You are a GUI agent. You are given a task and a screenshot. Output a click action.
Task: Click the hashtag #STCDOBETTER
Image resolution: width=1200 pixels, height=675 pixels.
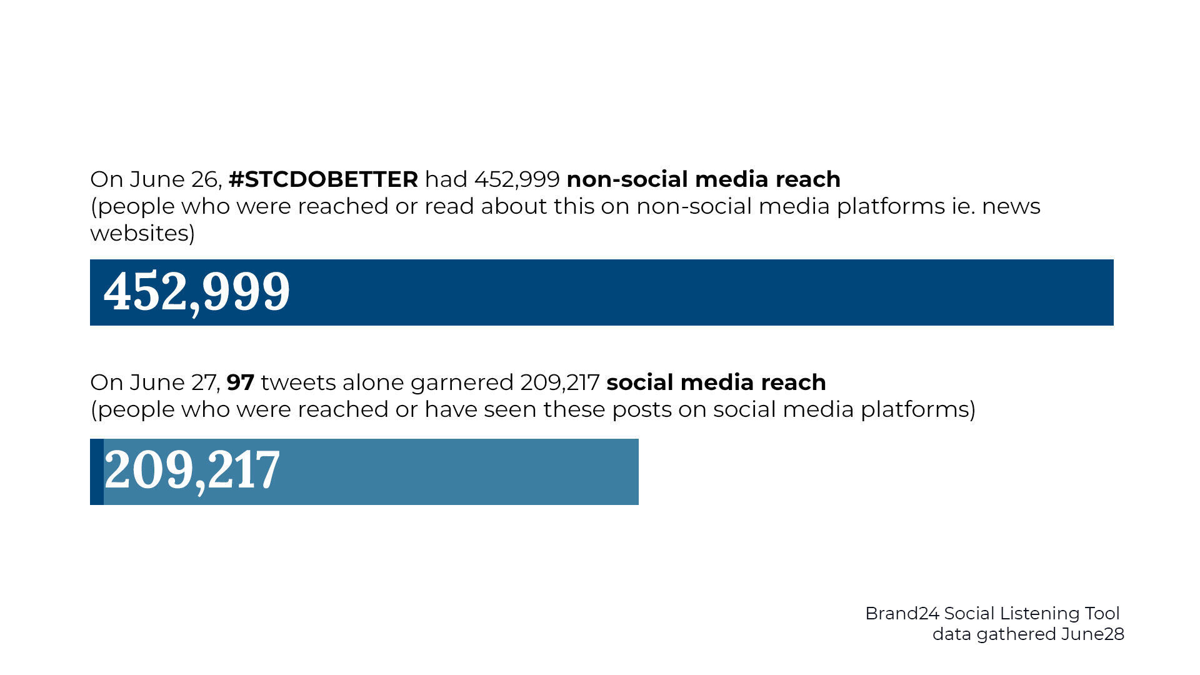323,179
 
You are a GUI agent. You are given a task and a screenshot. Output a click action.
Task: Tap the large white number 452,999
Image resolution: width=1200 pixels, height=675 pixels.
197,292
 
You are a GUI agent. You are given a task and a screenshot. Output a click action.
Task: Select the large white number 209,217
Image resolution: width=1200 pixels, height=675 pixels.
192,470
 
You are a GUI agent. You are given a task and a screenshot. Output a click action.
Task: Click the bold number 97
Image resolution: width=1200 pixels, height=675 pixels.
240,382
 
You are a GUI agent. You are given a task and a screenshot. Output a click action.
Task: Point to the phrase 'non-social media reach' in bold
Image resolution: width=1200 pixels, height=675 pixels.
703,179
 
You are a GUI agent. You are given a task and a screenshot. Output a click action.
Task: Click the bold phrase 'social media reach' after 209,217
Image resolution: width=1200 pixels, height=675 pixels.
716,382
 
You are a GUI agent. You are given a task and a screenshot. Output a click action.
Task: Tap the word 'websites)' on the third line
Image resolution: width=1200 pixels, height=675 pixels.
142,233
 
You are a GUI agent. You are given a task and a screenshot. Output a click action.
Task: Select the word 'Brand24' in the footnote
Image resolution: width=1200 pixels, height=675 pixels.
902,614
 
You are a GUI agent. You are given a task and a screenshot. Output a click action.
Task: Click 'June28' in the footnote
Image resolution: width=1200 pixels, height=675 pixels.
1092,634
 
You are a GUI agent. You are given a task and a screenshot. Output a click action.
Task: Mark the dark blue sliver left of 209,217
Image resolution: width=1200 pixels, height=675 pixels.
97,472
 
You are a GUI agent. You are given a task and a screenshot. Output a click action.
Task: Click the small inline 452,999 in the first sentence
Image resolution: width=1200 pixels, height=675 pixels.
517,180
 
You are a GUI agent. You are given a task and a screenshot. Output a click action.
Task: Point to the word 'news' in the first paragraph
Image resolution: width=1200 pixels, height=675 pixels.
1011,207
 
